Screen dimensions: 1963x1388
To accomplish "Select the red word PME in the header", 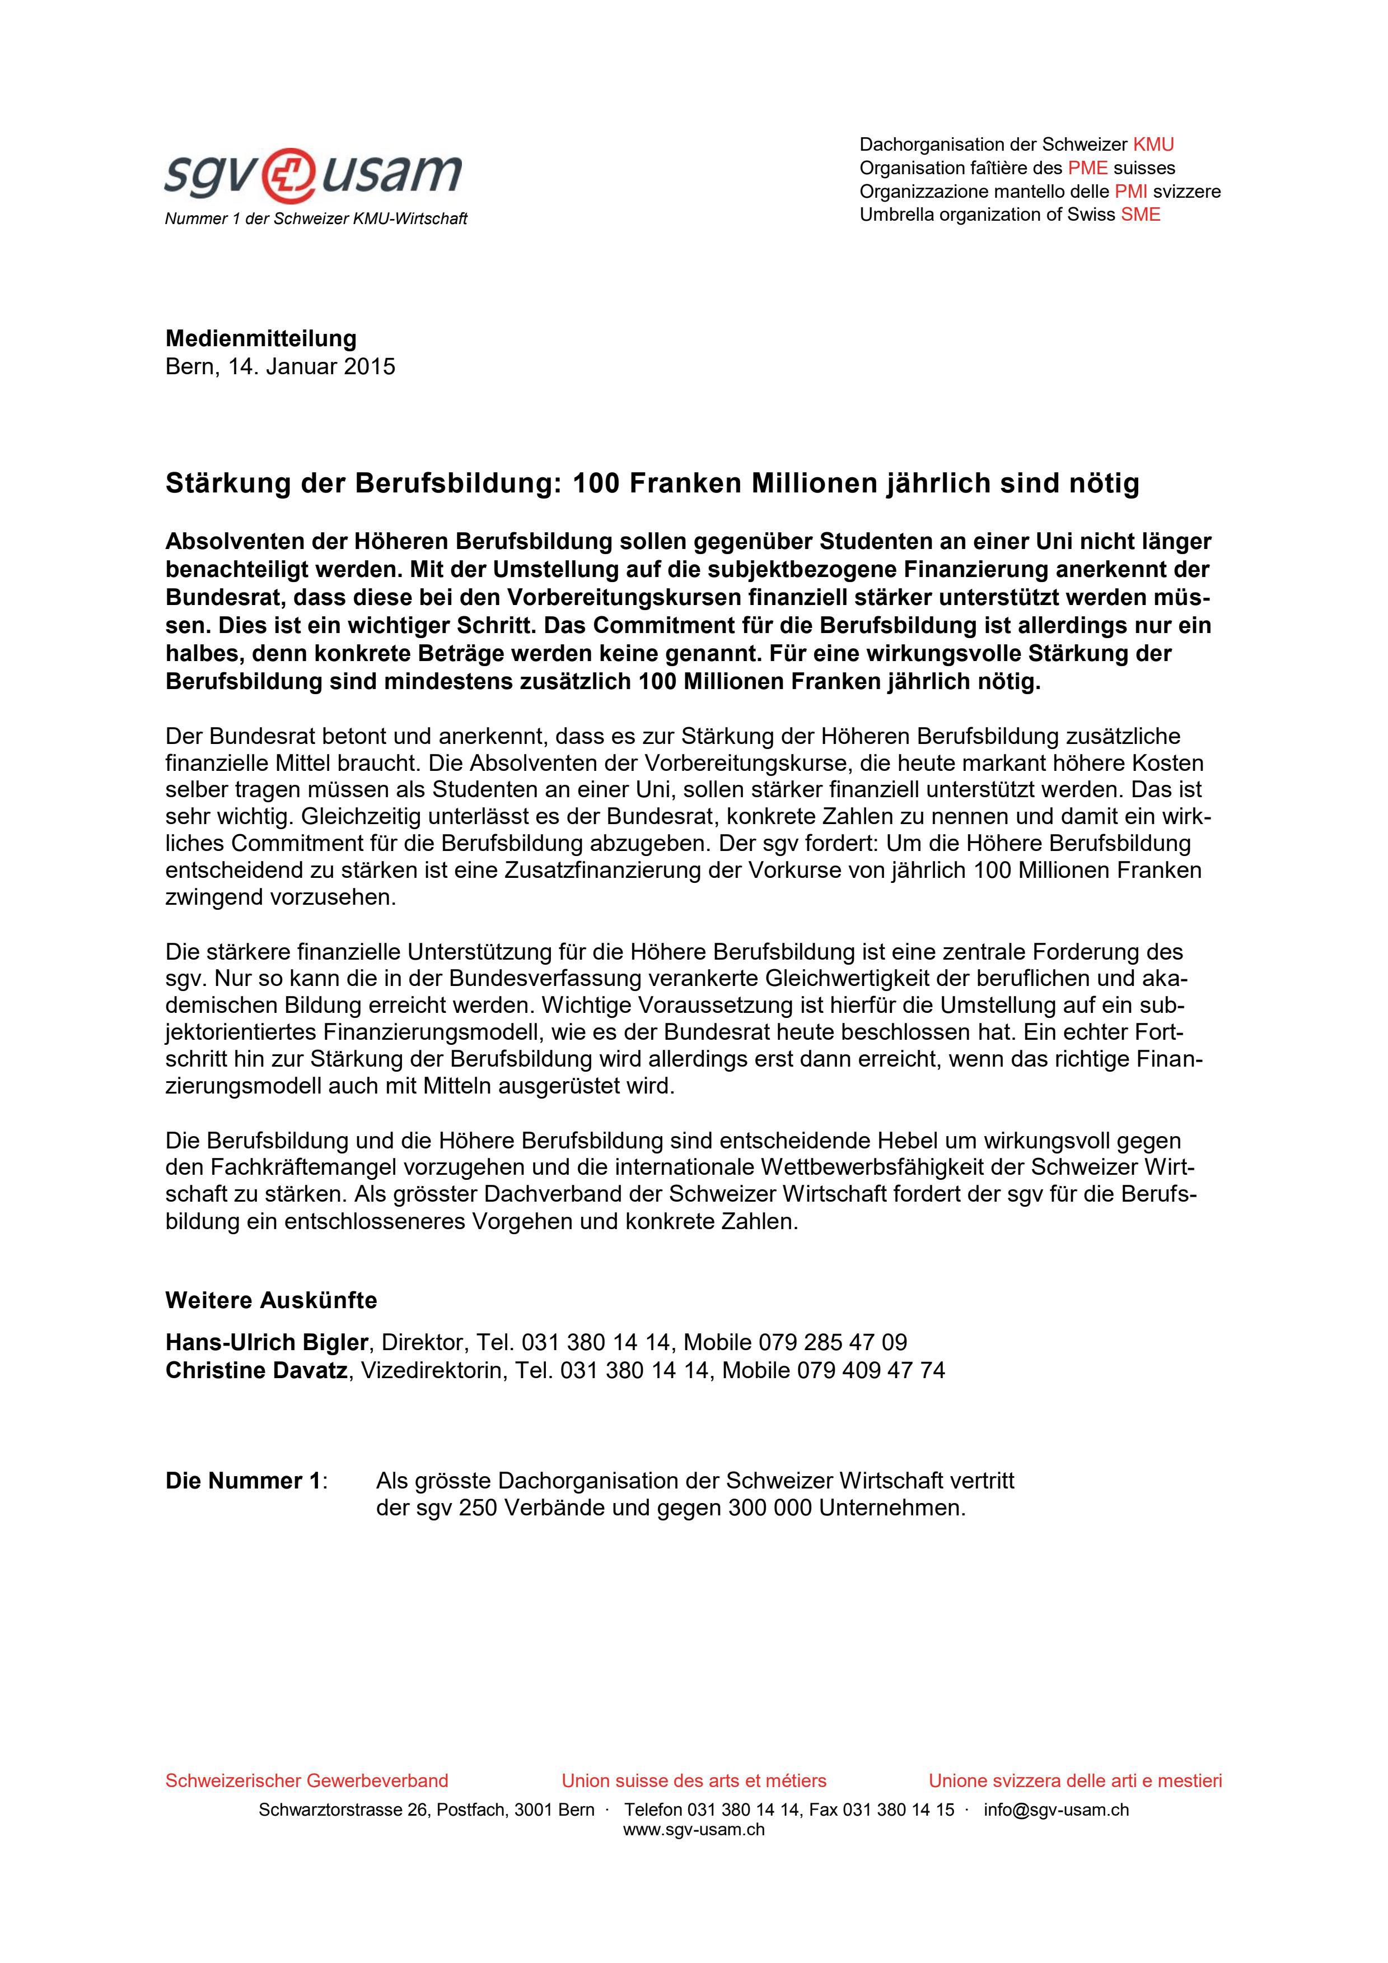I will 1087,168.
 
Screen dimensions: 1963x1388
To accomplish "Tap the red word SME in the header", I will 1141,215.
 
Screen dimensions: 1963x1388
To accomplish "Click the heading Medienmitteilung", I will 261,338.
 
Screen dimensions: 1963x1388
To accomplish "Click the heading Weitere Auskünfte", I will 271,1300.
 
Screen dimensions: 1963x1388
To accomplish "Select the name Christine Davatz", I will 256,1370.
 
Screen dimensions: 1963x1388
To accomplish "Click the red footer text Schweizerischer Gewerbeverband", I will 307,1781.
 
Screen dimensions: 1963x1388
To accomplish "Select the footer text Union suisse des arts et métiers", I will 694,1781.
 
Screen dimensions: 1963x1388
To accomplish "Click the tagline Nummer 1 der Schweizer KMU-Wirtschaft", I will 316,219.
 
